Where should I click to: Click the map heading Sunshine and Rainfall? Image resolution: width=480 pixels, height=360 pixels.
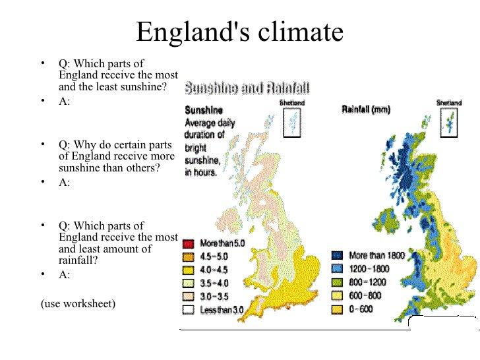[247, 88]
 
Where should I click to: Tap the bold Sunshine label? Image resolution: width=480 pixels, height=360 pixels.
[204, 110]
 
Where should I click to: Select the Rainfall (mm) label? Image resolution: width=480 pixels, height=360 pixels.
[366, 109]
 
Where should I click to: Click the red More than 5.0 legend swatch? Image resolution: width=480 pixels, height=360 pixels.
[188, 243]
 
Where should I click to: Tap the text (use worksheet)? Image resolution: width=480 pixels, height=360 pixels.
[77, 303]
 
